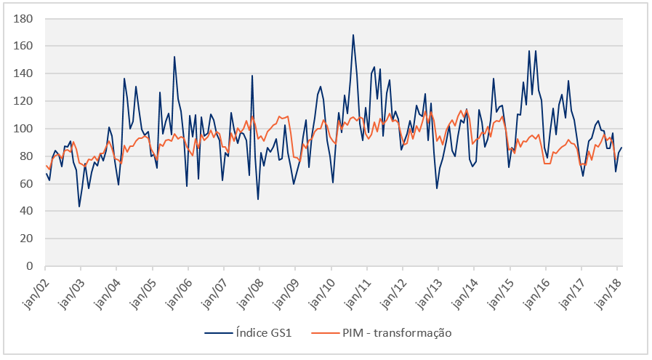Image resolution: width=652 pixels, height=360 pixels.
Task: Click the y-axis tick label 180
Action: tap(25, 18)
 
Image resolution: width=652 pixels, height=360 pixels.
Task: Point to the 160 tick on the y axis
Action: tap(25, 46)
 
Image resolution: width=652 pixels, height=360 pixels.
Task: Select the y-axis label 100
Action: tap(25, 129)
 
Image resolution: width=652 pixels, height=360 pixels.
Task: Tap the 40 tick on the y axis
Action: tap(28, 212)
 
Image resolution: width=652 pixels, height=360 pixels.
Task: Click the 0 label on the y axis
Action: tap(31, 267)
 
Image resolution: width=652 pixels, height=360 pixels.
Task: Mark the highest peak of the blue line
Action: tap(353, 34)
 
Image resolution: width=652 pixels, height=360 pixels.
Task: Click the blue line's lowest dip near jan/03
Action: tap(79, 207)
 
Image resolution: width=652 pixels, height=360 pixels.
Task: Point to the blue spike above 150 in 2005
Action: tap(174, 56)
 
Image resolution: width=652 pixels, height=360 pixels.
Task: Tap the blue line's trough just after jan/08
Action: tap(258, 199)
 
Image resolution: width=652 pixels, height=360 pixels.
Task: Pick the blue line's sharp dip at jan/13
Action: tap(437, 188)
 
